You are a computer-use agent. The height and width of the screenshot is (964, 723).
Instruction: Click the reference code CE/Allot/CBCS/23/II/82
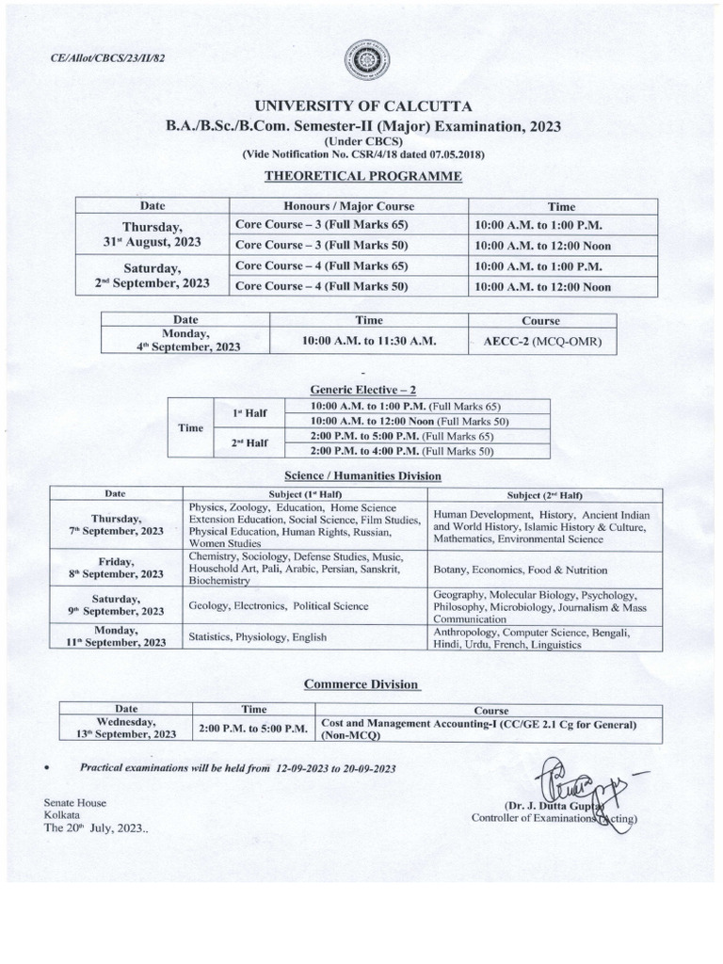click(107, 58)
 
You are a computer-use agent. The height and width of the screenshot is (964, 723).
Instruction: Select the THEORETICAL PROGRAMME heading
click(362, 177)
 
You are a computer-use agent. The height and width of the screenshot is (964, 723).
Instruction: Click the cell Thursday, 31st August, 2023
click(152, 233)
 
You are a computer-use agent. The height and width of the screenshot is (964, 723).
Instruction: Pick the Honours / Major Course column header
click(348, 206)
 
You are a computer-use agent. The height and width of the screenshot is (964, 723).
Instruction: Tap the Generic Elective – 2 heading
click(362, 388)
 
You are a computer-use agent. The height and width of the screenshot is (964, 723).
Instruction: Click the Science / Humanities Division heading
click(362, 476)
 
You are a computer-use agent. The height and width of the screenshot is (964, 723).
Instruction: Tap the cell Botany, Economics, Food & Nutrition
click(520, 570)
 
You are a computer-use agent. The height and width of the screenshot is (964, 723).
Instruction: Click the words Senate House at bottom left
click(75, 803)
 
